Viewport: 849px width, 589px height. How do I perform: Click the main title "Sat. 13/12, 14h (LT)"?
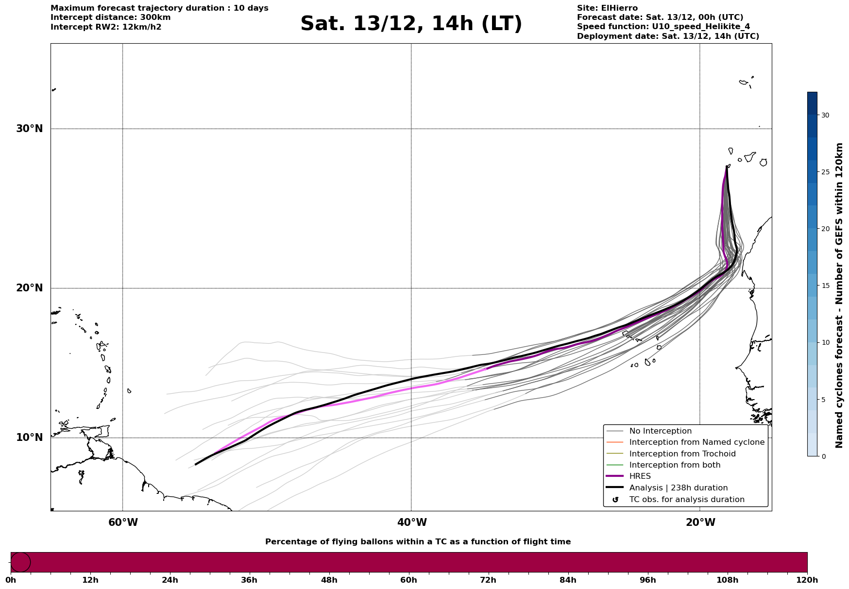(411, 24)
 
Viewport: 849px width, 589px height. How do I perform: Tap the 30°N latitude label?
(29, 129)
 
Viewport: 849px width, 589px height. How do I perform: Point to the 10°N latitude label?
(29, 438)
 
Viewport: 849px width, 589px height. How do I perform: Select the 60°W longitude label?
(123, 522)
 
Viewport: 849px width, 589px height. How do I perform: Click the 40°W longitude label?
(412, 522)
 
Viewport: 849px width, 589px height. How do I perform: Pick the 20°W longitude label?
(700, 522)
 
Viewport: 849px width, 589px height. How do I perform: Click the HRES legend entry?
(640, 476)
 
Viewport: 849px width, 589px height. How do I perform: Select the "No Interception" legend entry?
(660, 431)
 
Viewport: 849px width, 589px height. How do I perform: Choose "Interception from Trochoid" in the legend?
(682, 454)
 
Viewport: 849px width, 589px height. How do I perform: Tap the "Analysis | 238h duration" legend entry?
(678, 488)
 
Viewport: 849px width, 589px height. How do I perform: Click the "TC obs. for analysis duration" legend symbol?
(615, 500)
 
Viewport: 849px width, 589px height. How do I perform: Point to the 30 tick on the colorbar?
(825, 115)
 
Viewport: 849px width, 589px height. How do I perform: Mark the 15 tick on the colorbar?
(825, 286)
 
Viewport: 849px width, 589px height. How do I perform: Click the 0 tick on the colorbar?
(823, 456)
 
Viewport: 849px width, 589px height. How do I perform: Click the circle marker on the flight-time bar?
(20, 562)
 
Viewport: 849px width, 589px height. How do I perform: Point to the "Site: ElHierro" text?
(607, 8)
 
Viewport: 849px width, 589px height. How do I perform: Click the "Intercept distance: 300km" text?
(110, 17)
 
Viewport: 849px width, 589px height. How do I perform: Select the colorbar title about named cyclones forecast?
(839, 295)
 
